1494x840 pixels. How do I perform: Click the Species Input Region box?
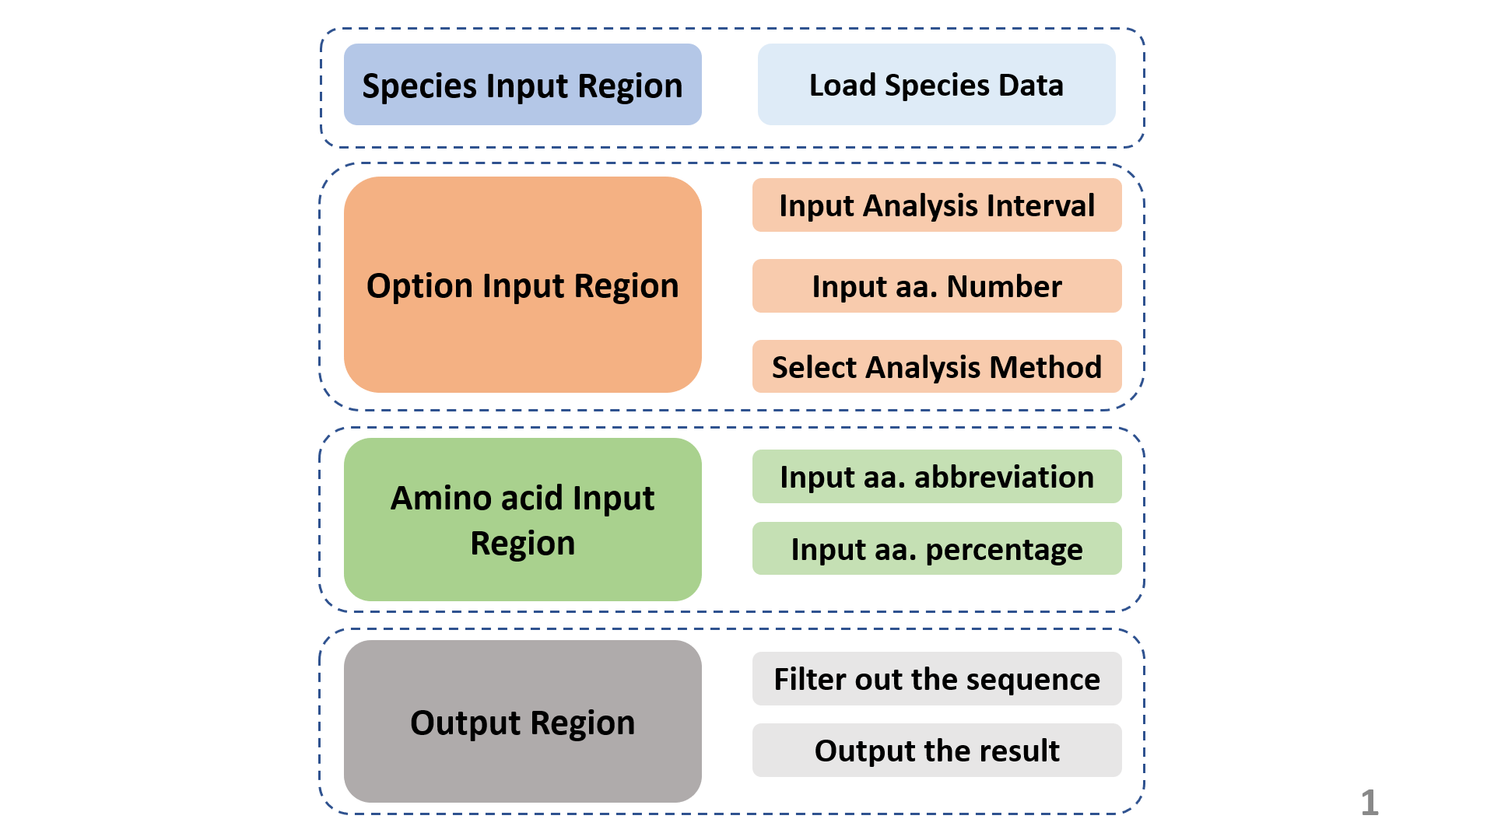click(522, 84)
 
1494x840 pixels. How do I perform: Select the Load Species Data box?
click(936, 84)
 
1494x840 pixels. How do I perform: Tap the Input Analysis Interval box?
click(936, 205)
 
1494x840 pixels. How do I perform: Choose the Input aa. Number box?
click(936, 286)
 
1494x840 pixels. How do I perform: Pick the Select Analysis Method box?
click(936, 366)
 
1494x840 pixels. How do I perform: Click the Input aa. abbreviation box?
click(936, 476)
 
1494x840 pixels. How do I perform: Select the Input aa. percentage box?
click(936, 548)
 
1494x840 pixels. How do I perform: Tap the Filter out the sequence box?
click(936, 678)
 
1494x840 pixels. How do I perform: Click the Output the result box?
click(936, 750)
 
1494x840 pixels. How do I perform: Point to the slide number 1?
click(1369, 803)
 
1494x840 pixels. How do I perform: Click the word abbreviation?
click(1004, 476)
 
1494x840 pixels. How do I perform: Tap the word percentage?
click(1004, 549)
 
